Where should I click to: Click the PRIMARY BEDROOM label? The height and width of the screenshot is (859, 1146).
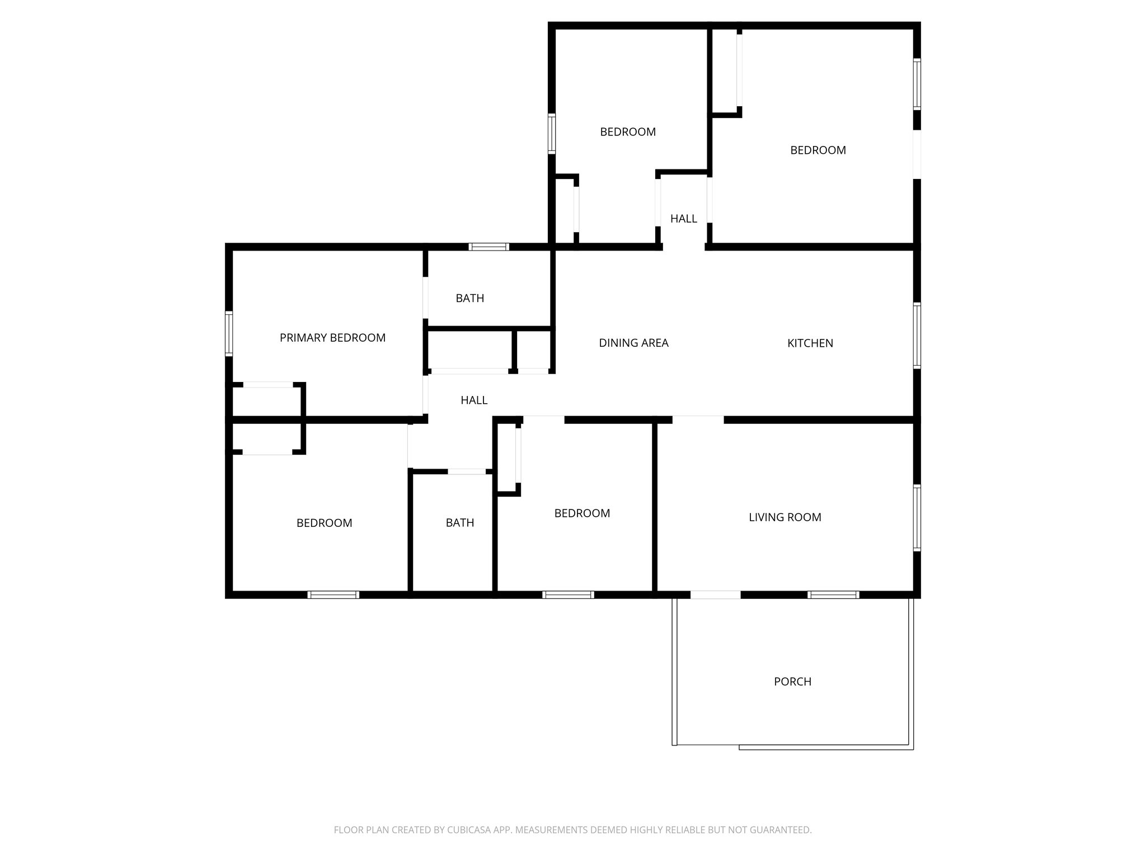pos(332,338)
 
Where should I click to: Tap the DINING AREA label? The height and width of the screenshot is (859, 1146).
pos(633,343)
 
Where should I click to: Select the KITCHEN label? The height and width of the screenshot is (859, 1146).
pos(810,343)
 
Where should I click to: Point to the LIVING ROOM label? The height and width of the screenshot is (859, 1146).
pos(785,517)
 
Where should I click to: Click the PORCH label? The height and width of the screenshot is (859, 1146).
pos(792,681)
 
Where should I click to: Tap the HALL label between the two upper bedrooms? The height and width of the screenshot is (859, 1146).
pos(683,219)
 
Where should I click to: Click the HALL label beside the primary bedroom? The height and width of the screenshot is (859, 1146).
pos(473,400)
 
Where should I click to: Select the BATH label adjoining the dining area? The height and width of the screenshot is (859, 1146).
pos(469,298)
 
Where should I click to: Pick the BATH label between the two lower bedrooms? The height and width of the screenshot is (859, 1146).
pos(459,522)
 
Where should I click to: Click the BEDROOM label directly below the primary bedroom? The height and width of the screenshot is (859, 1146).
pos(324,523)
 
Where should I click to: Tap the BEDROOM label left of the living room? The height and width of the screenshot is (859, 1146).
pos(582,513)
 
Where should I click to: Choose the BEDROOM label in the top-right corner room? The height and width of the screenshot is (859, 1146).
pos(818,150)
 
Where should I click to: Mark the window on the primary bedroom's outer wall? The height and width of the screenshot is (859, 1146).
pos(229,333)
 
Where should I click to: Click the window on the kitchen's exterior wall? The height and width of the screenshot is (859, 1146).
pos(917,336)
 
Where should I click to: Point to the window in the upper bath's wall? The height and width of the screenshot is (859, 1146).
pos(489,247)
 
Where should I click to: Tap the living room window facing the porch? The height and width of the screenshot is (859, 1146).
pos(833,594)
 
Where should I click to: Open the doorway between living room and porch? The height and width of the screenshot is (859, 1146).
pos(715,594)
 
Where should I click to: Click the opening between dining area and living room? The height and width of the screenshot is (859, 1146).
pos(697,419)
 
